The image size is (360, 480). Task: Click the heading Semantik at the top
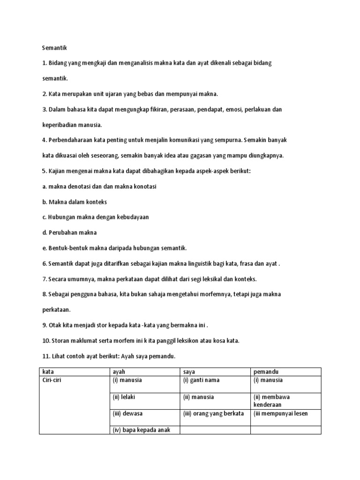click(x=55, y=47)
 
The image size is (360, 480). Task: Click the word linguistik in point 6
click(x=205, y=263)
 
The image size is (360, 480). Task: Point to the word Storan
click(x=60, y=341)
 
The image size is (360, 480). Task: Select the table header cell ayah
click(x=120, y=372)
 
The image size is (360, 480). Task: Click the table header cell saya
click(x=189, y=372)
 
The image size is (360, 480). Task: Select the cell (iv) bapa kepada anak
click(x=139, y=430)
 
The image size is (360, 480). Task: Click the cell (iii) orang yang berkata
click(x=213, y=413)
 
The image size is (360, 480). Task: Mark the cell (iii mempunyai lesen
click(x=280, y=413)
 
